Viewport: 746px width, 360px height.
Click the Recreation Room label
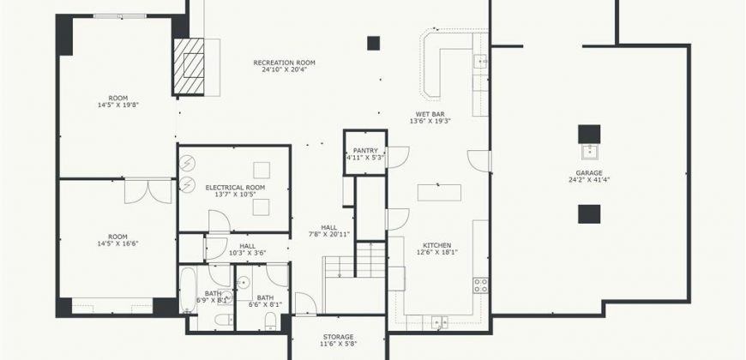pyautogui.click(x=284, y=63)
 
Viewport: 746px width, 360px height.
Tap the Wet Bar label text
pyautogui.click(x=430, y=114)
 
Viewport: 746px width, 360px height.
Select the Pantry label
pyautogui.click(x=365, y=151)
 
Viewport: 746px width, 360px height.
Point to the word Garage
pyautogui.click(x=589, y=173)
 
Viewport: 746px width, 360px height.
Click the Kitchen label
pyautogui.click(x=436, y=245)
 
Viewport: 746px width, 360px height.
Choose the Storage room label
pyautogui.click(x=338, y=337)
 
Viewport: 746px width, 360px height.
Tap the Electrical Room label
pyautogui.click(x=235, y=188)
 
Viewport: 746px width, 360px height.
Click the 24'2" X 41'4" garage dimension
pyautogui.click(x=589, y=180)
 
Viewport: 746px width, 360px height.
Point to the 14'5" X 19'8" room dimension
pyautogui.click(x=118, y=105)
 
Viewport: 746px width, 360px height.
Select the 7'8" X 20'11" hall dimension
pyautogui.click(x=328, y=234)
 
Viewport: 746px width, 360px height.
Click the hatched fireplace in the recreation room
pyautogui.click(x=189, y=66)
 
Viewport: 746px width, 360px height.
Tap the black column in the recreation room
pyautogui.click(x=374, y=43)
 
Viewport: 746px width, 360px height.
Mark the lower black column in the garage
pyautogui.click(x=589, y=214)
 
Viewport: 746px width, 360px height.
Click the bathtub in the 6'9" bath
pyautogui.click(x=188, y=290)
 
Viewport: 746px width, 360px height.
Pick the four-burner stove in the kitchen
pyautogui.click(x=480, y=285)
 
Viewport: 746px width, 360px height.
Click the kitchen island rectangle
pyautogui.click(x=439, y=193)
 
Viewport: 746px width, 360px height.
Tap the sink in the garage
pyautogui.click(x=589, y=152)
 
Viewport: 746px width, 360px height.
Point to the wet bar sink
pyautogui.click(x=480, y=61)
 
